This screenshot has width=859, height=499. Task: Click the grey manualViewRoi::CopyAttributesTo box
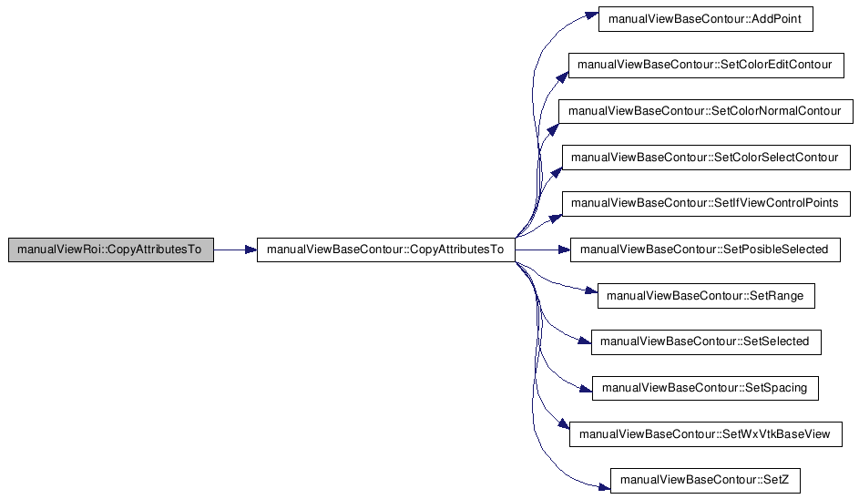click(110, 249)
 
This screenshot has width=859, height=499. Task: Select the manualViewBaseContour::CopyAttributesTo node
click(385, 249)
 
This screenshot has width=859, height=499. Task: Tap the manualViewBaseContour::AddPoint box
click(706, 19)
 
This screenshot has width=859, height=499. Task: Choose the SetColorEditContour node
click(706, 66)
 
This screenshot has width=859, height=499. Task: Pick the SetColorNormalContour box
click(706, 111)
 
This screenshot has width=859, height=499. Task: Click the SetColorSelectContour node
click(706, 158)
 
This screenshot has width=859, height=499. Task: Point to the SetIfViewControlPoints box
click(706, 204)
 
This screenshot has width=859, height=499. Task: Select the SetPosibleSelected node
click(705, 249)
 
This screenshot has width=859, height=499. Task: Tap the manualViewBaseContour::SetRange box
click(706, 296)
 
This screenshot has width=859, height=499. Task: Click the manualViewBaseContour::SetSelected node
click(706, 341)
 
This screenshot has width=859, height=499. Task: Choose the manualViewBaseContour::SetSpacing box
click(705, 388)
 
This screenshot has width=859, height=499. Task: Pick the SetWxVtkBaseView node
click(706, 434)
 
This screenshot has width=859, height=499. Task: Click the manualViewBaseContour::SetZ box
click(706, 481)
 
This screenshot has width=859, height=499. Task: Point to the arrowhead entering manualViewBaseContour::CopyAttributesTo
click(251, 249)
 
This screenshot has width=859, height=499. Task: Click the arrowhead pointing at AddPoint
click(592, 15)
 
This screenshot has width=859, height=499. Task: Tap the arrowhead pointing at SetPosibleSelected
click(564, 249)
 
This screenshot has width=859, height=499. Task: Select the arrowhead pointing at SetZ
click(604, 486)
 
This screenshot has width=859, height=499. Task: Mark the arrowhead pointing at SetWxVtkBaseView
click(564, 424)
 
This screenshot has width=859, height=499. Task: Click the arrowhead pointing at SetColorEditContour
click(563, 77)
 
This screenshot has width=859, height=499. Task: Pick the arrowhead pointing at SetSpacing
click(587, 389)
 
